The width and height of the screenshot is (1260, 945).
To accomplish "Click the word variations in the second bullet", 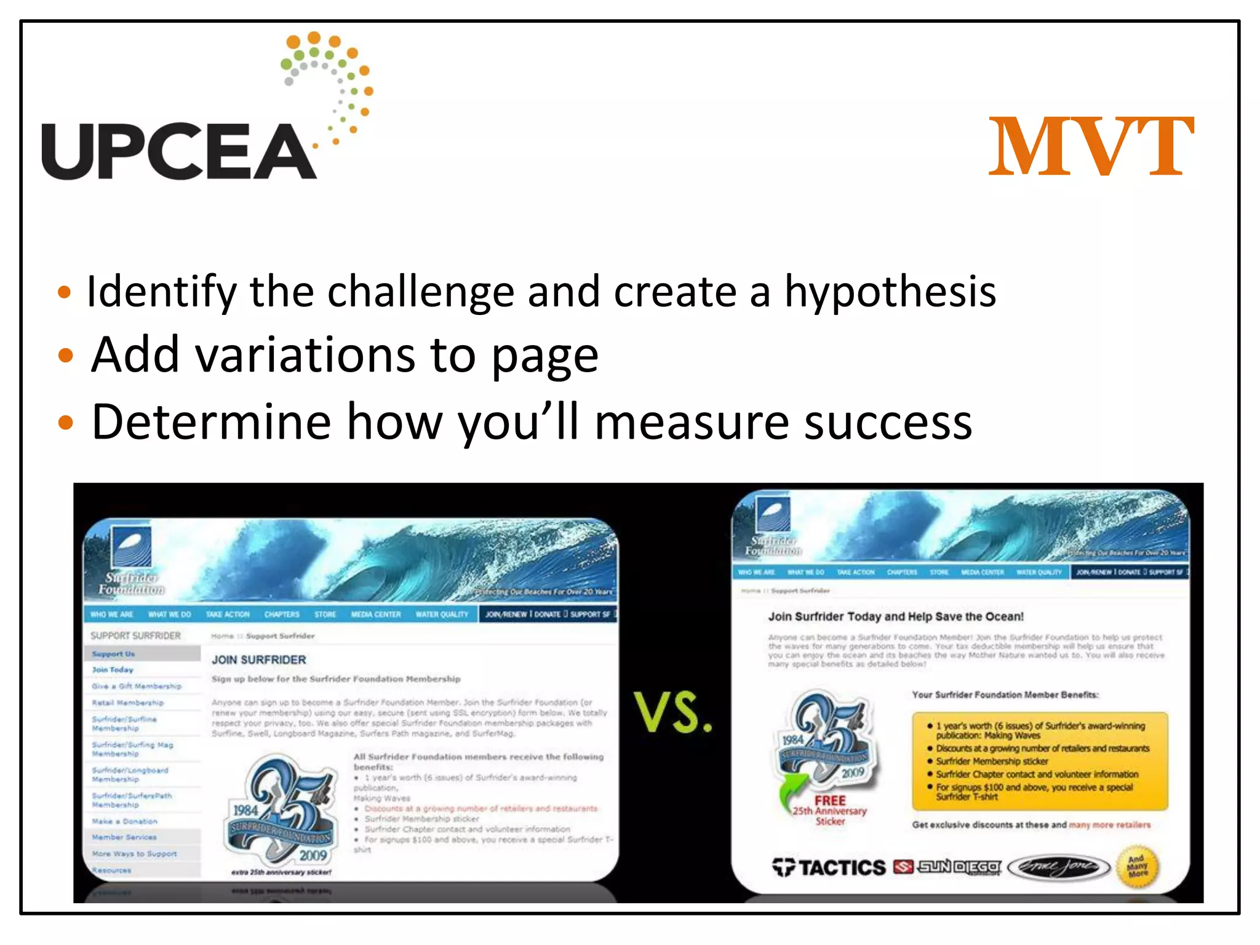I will click(x=305, y=356).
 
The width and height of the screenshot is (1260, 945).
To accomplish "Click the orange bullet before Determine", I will click(x=65, y=423).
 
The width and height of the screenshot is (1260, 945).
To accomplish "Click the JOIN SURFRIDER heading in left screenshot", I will click(x=258, y=660).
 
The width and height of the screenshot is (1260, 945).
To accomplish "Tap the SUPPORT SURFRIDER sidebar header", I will click(x=135, y=636).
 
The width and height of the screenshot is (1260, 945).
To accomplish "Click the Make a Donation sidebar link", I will click(x=124, y=821).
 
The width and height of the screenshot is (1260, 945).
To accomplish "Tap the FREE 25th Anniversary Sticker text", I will click(x=830, y=810).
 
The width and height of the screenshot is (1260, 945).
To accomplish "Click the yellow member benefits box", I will click(x=1039, y=761).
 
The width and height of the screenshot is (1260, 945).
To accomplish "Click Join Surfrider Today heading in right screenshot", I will click(x=895, y=616).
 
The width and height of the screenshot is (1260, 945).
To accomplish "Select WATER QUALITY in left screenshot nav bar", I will click(x=442, y=614).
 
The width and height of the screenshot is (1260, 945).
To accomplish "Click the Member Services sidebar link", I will click(x=124, y=837).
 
